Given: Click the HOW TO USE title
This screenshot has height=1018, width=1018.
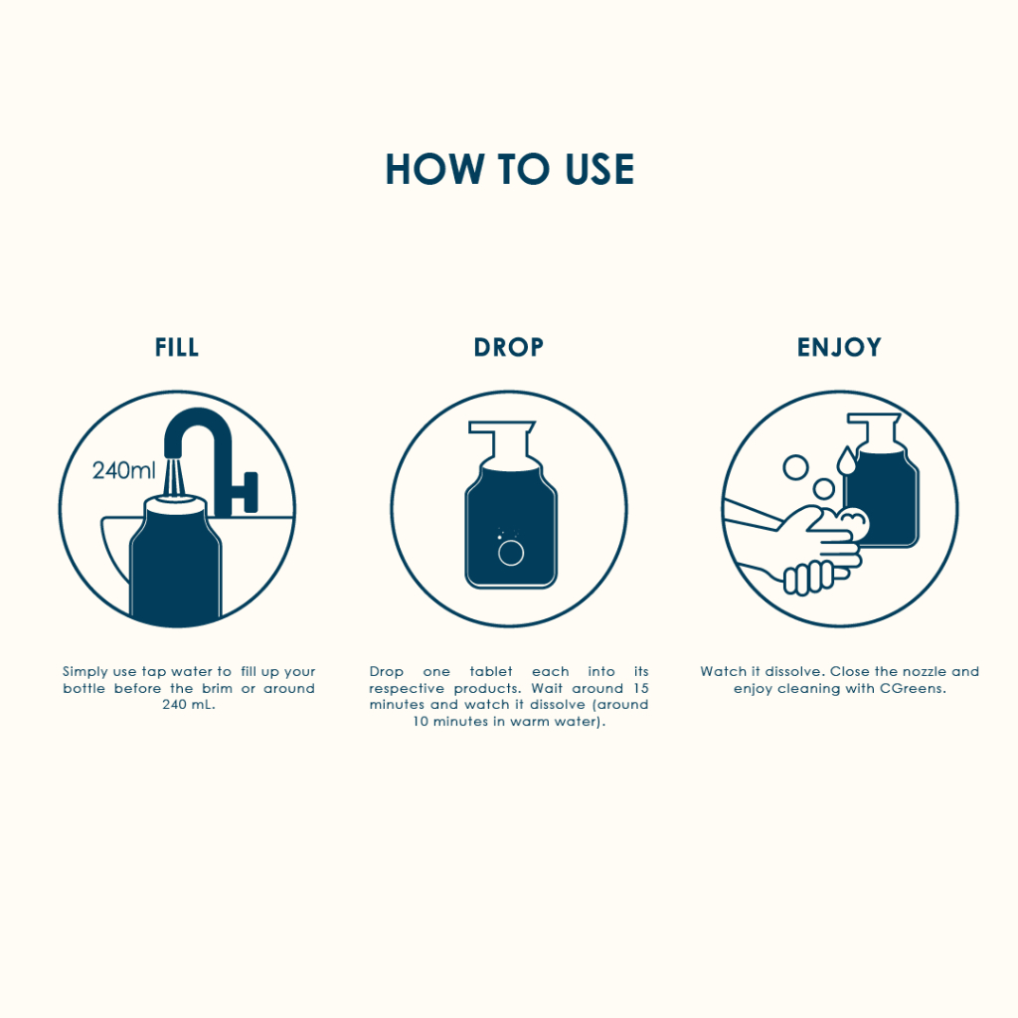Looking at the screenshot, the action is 509,169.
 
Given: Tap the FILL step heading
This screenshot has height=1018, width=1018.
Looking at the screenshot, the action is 177,347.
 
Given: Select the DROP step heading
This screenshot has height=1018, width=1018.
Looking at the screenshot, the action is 508,347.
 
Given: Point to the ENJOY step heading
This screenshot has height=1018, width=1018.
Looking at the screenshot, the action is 839,347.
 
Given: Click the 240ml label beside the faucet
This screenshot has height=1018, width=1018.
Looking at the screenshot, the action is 123,470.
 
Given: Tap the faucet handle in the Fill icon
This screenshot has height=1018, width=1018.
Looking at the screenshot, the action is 247,492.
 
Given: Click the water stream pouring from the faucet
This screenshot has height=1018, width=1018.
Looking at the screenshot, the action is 174,478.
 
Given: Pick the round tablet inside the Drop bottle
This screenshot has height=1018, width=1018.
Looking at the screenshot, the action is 511,553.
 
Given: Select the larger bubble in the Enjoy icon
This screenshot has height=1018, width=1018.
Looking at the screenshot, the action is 795,467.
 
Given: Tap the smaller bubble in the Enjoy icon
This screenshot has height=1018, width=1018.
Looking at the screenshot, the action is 824,489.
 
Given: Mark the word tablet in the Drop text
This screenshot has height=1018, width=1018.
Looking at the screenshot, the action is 491,671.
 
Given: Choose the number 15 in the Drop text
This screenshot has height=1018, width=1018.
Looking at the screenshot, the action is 641,688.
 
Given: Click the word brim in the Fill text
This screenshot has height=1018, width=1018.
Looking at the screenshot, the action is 217,688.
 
